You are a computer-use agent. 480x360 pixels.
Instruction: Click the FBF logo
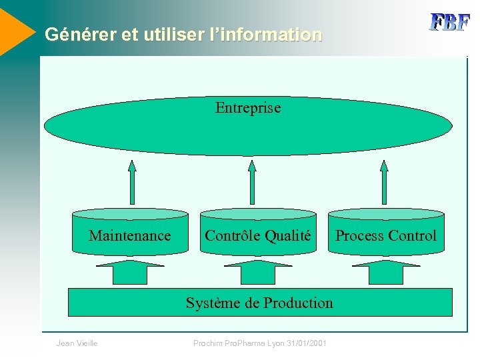[x=449, y=22]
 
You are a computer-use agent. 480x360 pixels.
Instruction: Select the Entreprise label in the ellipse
[x=248, y=107]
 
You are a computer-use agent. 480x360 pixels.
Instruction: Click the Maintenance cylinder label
[x=130, y=235]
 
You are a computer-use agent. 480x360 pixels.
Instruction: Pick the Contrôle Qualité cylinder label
[x=258, y=235]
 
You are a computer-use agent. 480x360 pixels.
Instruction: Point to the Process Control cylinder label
[x=385, y=235]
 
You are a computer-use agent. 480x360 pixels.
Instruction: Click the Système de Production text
[x=259, y=303]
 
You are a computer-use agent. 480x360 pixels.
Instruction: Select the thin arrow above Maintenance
[x=132, y=181]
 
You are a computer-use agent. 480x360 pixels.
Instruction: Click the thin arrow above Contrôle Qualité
[x=252, y=181]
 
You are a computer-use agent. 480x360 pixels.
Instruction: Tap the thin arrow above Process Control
[x=384, y=181]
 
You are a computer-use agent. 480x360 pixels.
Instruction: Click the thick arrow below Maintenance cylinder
[x=130, y=272]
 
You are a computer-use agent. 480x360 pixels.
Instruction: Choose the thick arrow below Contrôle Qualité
[x=258, y=272]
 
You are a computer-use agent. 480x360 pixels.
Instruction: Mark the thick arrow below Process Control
[x=386, y=272]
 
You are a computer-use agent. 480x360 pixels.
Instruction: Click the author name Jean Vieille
[x=77, y=343]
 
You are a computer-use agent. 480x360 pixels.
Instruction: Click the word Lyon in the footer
[x=274, y=343]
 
